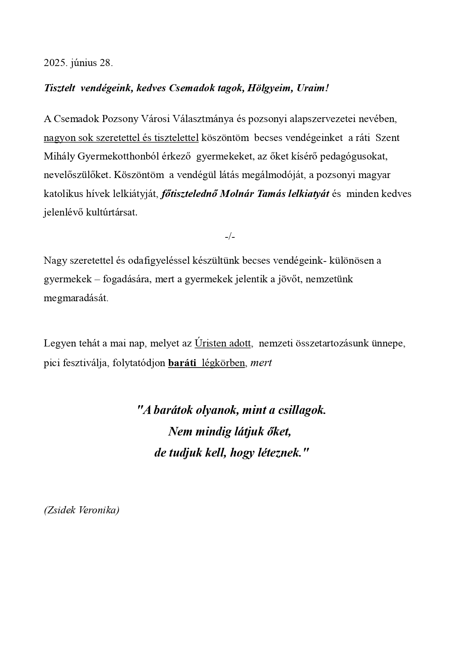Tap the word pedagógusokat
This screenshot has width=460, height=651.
[x=354, y=156]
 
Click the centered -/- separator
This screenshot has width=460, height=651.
[x=230, y=236]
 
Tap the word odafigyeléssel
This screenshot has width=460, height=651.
[x=159, y=260]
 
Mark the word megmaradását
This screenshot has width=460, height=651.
[x=76, y=298]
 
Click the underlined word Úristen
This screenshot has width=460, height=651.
[x=210, y=343]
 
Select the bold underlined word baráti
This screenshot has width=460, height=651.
[x=182, y=362]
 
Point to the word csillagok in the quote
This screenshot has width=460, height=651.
[x=302, y=410]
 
